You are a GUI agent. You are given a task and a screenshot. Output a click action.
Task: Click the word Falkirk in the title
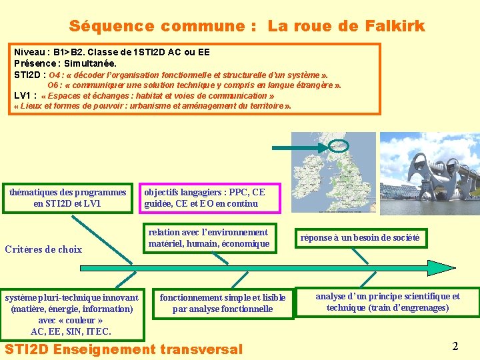coord(395,27)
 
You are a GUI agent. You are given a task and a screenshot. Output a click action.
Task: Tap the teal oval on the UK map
coord(338,145)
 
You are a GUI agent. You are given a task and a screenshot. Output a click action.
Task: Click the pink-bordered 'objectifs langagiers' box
coord(209,198)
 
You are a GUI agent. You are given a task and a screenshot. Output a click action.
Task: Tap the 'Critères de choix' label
coord(43,249)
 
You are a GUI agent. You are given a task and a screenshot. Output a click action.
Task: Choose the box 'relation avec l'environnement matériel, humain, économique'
coord(209,238)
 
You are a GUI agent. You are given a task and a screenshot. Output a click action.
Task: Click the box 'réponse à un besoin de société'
coord(360,238)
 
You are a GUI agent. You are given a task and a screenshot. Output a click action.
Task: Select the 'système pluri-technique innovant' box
coord(71,314)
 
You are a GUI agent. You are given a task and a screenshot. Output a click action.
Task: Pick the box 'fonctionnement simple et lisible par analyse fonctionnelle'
coord(223,303)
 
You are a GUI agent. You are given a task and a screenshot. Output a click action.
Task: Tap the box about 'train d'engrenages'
coord(387,302)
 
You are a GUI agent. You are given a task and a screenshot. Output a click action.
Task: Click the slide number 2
coord(455,346)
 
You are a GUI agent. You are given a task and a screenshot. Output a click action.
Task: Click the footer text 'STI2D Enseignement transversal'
coord(124,349)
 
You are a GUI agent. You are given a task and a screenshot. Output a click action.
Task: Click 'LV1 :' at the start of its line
coord(25,96)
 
